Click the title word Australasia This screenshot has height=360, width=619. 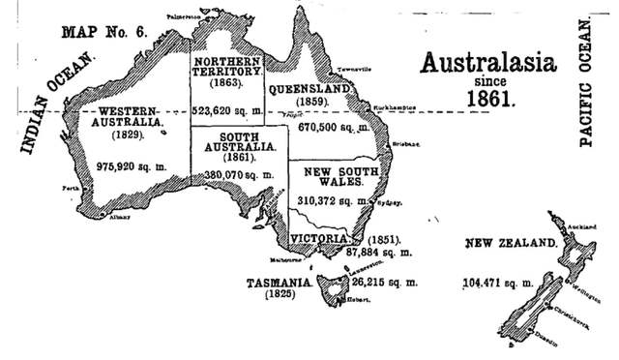point(488,63)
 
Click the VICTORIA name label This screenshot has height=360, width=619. point(326,235)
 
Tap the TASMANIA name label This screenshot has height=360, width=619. point(277,283)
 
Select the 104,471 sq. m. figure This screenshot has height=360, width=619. point(498,283)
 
